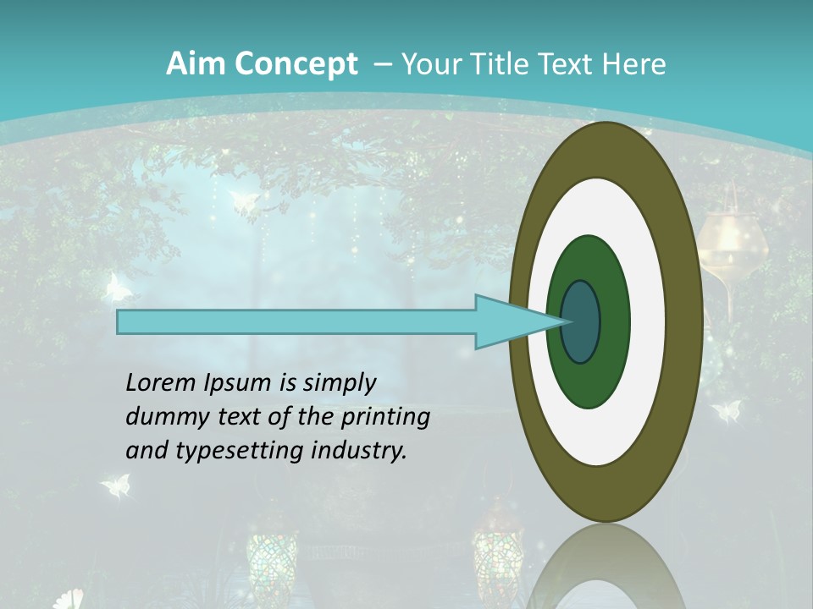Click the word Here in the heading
[635, 63]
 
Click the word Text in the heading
[570, 63]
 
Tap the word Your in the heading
[429, 63]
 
